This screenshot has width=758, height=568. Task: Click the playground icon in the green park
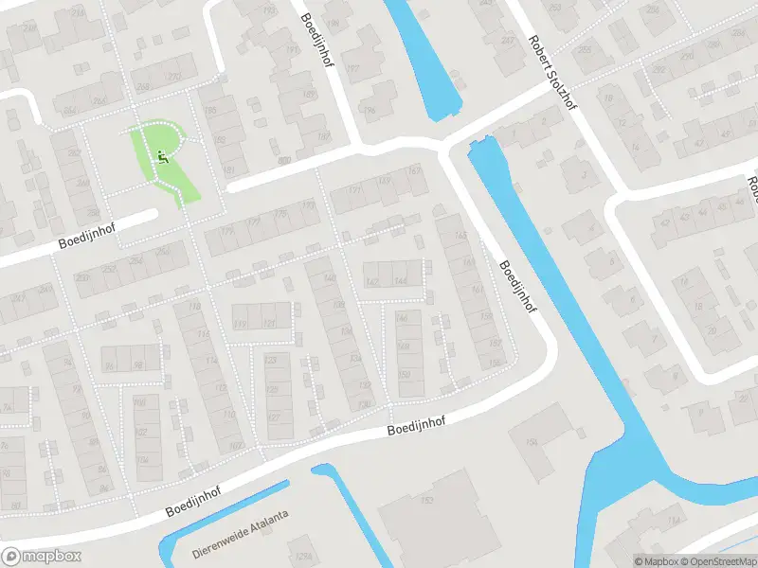pyautogui.click(x=161, y=156)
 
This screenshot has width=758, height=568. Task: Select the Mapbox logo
pyautogui.click(x=42, y=557)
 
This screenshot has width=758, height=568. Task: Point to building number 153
pyautogui.click(x=427, y=499)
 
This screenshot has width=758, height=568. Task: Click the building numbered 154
pyautogui.click(x=532, y=442)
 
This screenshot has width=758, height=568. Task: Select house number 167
pyautogui.click(x=414, y=171)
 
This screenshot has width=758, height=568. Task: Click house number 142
pyautogui.click(x=371, y=282)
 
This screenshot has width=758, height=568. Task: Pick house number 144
pyautogui.click(x=401, y=281)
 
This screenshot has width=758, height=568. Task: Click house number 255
pyautogui.click(x=584, y=50)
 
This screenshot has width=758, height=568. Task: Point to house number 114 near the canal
pyautogui.click(x=674, y=522)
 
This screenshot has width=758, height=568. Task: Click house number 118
pyautogui.click(x=195, y=306)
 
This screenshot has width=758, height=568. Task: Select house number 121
pyautogui.click(x=269, y=324)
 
